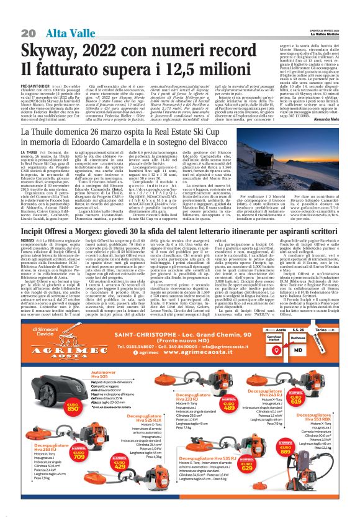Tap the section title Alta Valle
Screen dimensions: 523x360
coord(65,32)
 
